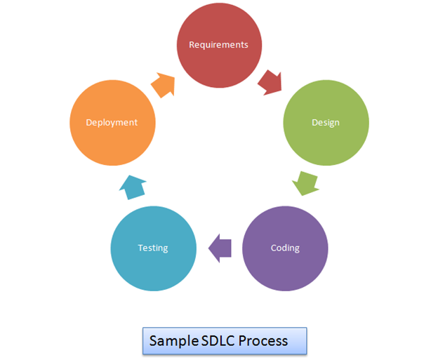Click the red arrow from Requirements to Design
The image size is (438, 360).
(x=270, y=82)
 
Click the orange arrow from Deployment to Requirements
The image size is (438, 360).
(x=164, y=84)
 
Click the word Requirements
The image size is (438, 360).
(x=218, y=45)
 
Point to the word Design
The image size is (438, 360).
(x=325, y=123)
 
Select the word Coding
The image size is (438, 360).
(x=284, y=248)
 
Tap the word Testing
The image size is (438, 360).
(x=153, y=248)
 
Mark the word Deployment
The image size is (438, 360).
(x=112, y=123)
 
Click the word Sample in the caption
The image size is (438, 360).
(x=173, y=341)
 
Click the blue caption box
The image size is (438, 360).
(x=225, y=340)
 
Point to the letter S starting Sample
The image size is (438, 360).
(x=153, y=340)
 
